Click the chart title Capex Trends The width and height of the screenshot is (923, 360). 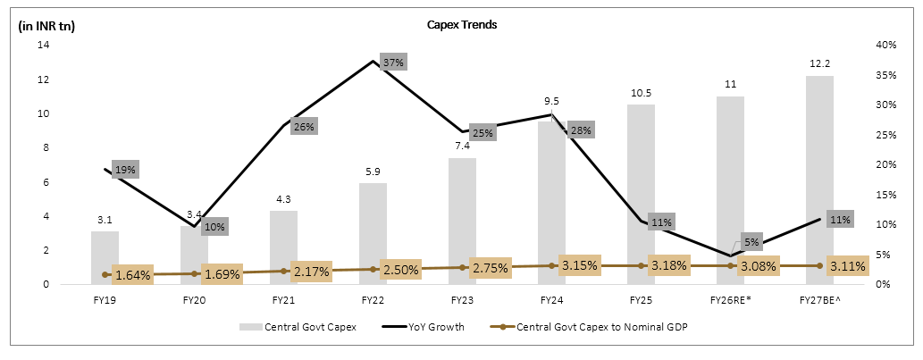(461, 25)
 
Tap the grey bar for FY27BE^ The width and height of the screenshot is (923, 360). (819, 179)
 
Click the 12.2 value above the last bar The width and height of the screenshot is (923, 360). (819, 63)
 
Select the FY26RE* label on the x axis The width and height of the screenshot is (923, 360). (730, 300)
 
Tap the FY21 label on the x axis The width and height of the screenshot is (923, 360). (283, 300)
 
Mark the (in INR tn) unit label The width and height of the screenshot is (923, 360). (46, 26)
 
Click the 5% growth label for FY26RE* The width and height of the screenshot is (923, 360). (751, 241)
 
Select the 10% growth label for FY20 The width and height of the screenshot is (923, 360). (214, 226)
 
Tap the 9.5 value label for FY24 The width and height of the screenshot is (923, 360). (551, 102)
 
